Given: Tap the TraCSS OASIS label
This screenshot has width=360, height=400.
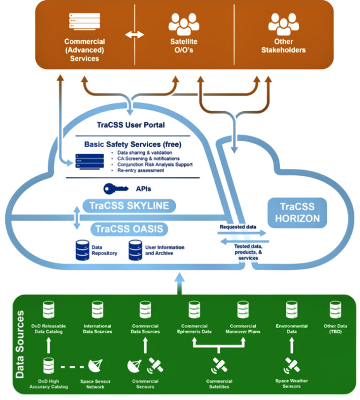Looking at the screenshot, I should click(x=129, y=229).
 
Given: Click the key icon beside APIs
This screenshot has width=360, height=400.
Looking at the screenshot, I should click(x=115, y=189).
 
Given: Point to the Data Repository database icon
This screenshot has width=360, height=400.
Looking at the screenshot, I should click(x=82, y=250).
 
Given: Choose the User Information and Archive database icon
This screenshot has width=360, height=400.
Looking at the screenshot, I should click(x=135, y=250).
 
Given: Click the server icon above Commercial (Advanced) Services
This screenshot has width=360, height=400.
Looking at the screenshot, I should click(x=84, y=22).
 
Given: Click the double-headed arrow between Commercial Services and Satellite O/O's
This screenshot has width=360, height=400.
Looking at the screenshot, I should click(x=134, y=35).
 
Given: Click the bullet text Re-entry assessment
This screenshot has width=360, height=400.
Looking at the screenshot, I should click(x=138, y=171).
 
